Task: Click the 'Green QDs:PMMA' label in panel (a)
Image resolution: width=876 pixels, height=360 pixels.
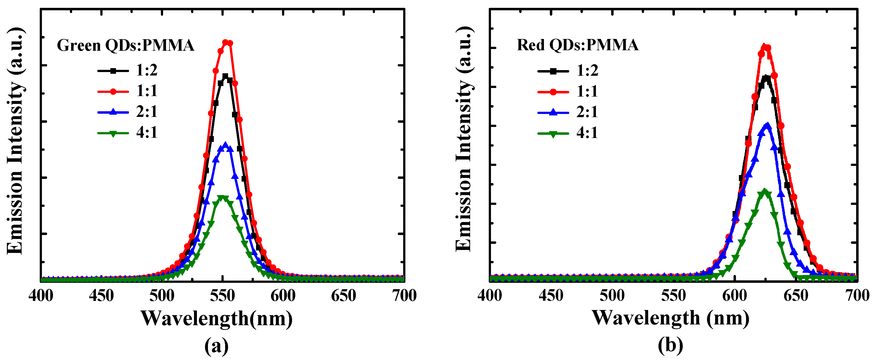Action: pyautogui.click(x=125, y=45)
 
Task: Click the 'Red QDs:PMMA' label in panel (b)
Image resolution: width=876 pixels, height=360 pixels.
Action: pyautogui.click(x=578, y=45)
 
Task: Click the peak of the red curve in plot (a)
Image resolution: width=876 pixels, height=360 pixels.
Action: pyautogui.click(x=225, y=42)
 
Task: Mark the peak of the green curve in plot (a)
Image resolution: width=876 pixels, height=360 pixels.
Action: pyautogui.click(x=222, y=198)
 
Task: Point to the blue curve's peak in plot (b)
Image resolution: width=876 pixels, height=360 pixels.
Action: pyautogui.click(x=767, y=125)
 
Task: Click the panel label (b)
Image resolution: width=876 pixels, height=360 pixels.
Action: pyautogui.click(x=670, y=346)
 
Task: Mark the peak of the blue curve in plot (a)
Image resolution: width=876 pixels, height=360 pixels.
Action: pyautogui.click(x=225, y=145)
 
